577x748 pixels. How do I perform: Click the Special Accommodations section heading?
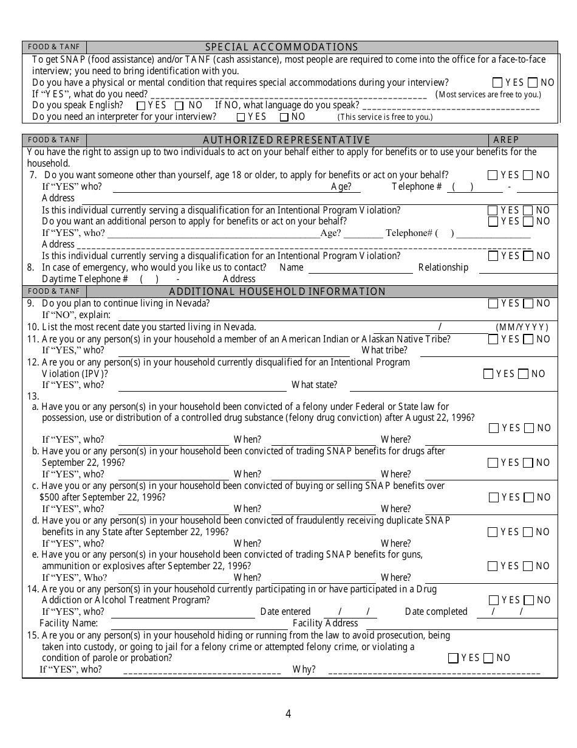281,47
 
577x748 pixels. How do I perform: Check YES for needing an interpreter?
241,117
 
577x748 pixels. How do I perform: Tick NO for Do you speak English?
179,105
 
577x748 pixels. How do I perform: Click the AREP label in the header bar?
506,140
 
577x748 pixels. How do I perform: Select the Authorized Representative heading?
286,140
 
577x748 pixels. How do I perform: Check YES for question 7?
493,175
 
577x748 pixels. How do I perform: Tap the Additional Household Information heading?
277,291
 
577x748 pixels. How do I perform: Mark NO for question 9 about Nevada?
528,303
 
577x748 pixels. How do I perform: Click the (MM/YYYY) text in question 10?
522,327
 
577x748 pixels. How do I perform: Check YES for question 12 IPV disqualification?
488,374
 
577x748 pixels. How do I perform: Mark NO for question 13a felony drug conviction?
528,428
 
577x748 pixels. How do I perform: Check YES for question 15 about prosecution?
453,658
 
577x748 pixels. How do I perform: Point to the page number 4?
288,714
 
